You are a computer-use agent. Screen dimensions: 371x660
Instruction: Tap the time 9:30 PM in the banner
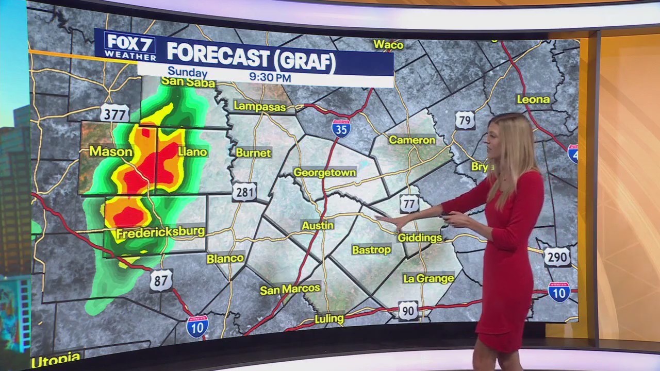click(270, 77)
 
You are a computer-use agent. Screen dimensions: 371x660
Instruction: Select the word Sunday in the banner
click(187, 73)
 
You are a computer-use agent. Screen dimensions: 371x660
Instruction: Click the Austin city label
click(318, 226)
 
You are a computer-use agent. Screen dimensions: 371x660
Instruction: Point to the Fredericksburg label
click(160, 232)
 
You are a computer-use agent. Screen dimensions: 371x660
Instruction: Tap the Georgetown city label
click(325, 173)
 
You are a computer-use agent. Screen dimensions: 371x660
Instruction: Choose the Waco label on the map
click(388, 45)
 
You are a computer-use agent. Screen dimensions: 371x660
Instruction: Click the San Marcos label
click(290, 289)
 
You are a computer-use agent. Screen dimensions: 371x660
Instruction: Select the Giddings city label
click(420, 238)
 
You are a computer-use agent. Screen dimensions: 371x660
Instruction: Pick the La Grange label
click(428, 278)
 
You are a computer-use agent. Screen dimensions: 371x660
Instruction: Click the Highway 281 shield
click(244, 192)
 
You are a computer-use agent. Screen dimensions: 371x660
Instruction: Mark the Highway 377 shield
click(114, 113)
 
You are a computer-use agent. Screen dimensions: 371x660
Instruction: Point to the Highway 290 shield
click(557, 256)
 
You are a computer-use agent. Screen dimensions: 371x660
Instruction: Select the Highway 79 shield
click(465, 121)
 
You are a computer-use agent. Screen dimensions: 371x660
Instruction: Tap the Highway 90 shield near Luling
click(408, 311)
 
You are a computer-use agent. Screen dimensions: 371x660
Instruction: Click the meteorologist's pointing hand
click(388, 221)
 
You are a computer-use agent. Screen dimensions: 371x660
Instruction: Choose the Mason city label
click(111, 151)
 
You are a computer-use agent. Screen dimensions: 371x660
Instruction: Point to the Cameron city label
click(412, 140)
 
